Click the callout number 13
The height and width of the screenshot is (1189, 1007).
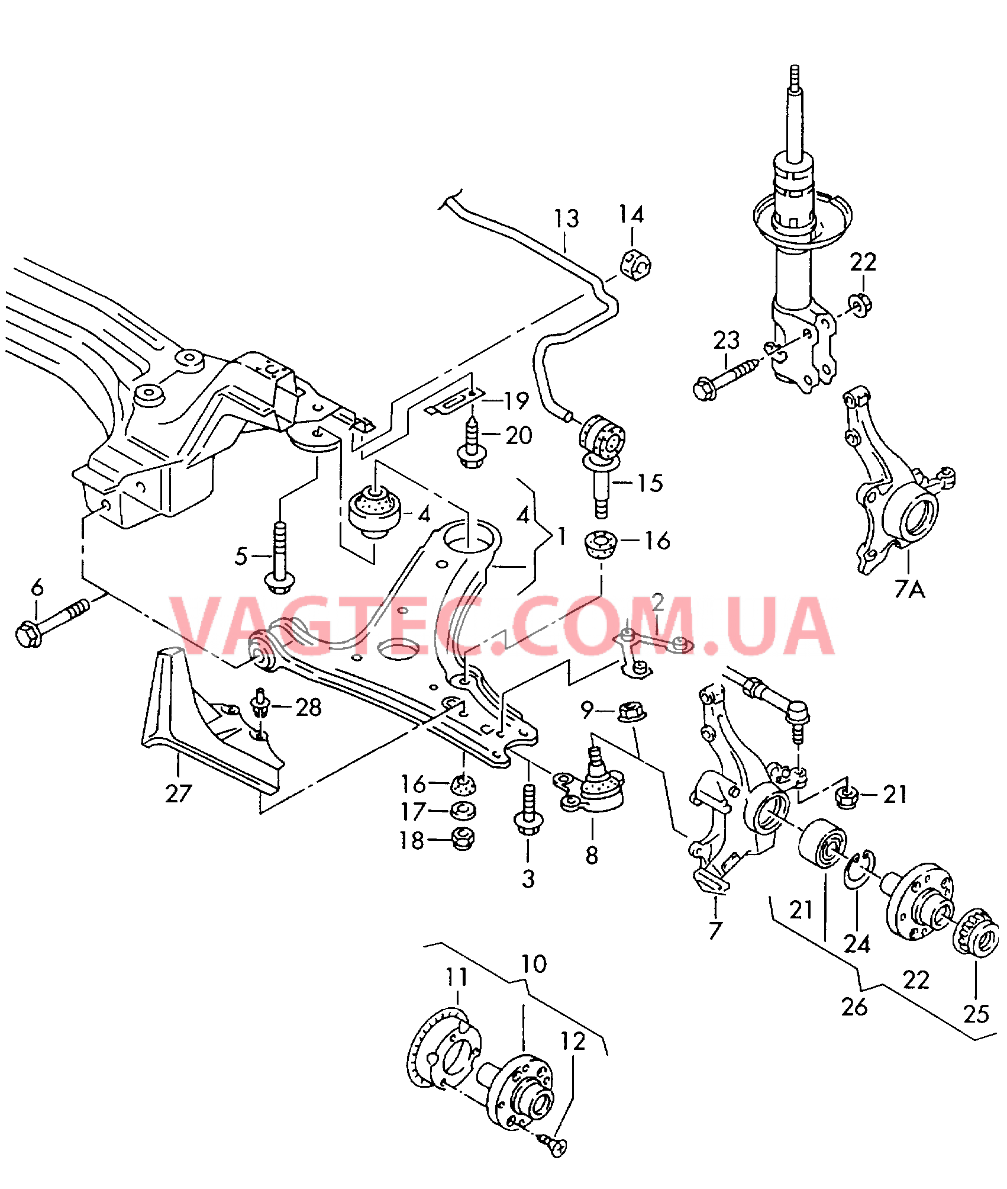pos(566,218)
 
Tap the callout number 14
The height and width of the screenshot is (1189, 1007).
pos(631,214)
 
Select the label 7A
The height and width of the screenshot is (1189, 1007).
pos(909,589)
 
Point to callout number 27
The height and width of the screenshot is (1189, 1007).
pos(179,793)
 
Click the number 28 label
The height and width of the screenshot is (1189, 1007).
pos(308,707)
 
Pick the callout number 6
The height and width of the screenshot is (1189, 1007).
pos(37,587)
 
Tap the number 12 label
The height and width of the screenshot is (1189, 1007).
pos(573,1041)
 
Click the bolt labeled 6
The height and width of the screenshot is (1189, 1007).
pos(53,623)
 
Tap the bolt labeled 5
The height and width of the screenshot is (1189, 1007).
pos(280,557)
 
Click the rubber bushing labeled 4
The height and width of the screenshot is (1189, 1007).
pos(375,511)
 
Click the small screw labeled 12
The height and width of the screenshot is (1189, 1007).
pos(553,1146)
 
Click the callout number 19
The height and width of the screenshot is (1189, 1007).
pos(516,401)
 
